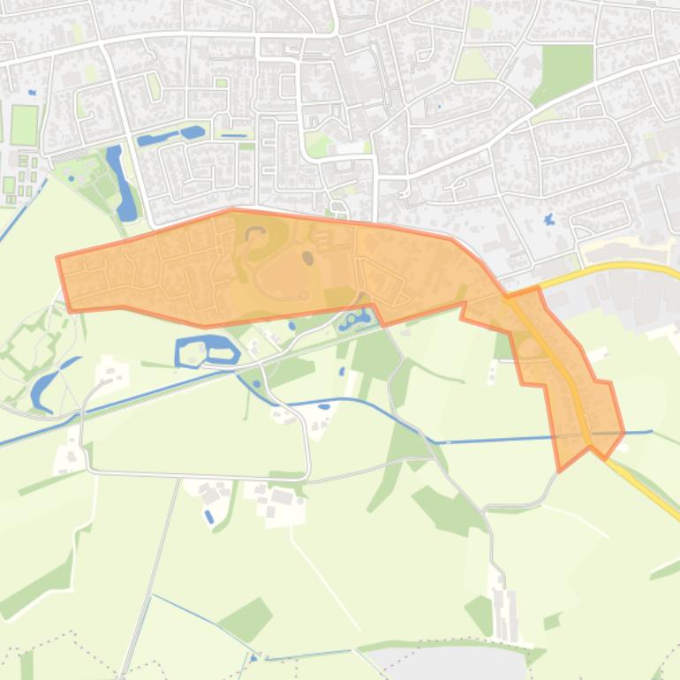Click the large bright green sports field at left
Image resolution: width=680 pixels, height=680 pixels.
coord(24,125)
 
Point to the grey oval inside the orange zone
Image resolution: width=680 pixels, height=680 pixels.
coord(307,258)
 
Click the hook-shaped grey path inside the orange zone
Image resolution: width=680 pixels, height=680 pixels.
coord(256,235)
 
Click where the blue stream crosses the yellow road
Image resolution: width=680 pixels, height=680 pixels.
coord(586,434)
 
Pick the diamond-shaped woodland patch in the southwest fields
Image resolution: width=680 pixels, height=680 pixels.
coord(246,618)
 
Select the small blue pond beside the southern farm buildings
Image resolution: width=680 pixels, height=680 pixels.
coord(208,516)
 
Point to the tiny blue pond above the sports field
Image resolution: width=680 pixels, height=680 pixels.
coord(32,92)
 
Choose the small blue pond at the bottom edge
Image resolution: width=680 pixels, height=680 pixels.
coord(254,658)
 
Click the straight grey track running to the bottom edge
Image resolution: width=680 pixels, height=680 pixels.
coord(150,574)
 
